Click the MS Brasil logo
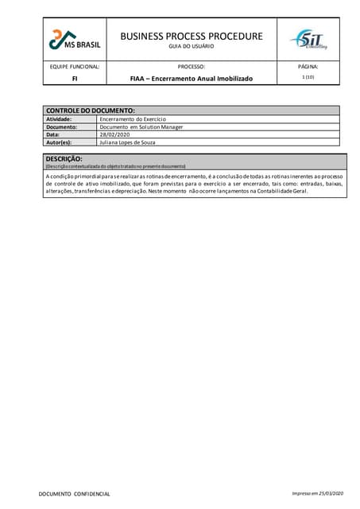pyautogui.click(x=74, y=39)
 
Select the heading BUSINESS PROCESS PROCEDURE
pyautogui.click(x=191, y=36)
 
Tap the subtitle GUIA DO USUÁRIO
pyautogui.click(x=191, y=47)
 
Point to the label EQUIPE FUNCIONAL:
pyautogui.click(x=75, y=67)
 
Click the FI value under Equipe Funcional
pyautogui.click(x=75, y=79)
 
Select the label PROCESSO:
pyautogui.click(x=191, y=67)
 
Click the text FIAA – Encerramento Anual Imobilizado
pyautogui.click(x=191, y=79)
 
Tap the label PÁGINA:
pyautogui.click(x=308, y=67)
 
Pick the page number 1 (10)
pyautogui.click(x=308, y=77)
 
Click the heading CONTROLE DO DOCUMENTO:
pyautogui.click(x=90, y=110)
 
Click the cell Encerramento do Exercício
pyautogui.click(x=133, y=119)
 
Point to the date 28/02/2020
pyautogui.click(x=114, y=134)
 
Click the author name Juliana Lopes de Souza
pyautogui.click(x=132, y=142)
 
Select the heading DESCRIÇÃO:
pyautogui.click(x=64, y=158)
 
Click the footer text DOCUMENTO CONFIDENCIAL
pyautogui.click(x=75, y=494)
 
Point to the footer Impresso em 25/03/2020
pyautogui.click(x=318, y=494)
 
